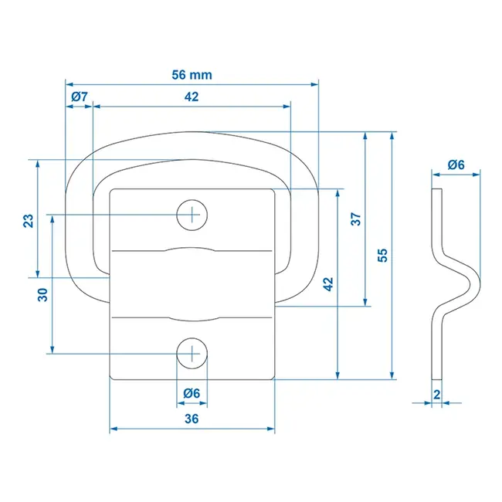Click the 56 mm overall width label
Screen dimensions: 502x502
coord(191,75)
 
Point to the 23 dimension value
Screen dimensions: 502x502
coord(29,220)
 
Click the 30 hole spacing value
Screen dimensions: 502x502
coord(43,293)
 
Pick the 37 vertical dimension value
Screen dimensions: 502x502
coord(356,219)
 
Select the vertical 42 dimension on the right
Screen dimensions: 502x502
coord(328,283)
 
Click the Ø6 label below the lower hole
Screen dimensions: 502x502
coord(192,393)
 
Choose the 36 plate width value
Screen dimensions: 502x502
coord(192,419)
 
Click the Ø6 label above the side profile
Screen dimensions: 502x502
coord(456,165)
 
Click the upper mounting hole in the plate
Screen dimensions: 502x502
coord(192,214)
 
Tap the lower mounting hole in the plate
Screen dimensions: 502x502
coord(192,354)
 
